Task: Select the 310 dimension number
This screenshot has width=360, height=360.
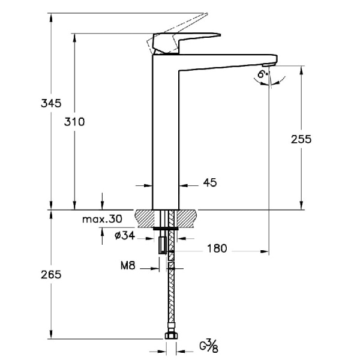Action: tap(75, 121)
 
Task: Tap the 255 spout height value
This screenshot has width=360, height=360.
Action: tap(301, 139)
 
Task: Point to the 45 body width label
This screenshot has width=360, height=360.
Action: tap(209, 182)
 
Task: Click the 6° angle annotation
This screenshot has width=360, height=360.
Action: tap(262, 74)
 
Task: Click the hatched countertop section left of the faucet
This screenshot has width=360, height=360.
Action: tap(145, 218)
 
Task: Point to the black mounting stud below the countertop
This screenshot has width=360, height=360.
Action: tap(162, 246)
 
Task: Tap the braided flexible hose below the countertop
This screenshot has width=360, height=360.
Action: tap(170, 288)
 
